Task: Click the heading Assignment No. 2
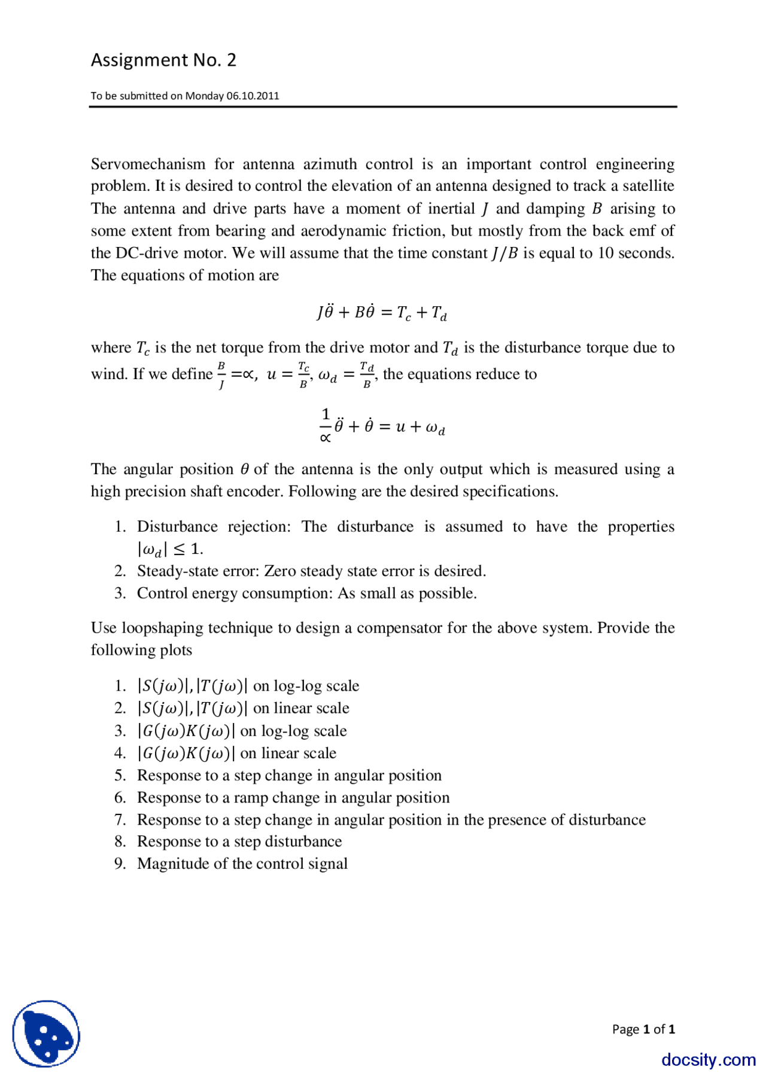pos(163,60)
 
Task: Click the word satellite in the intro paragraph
pos(648,186)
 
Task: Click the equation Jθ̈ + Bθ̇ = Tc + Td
pos(382,313)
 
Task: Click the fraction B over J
pos(221,375)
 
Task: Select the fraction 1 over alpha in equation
pos(326,425)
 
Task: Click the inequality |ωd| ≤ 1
pos(170,549)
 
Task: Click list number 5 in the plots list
pos(120,776)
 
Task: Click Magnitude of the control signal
pos(242,864)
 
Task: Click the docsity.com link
pos(708,1060)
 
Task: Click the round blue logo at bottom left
pos(46,1033)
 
